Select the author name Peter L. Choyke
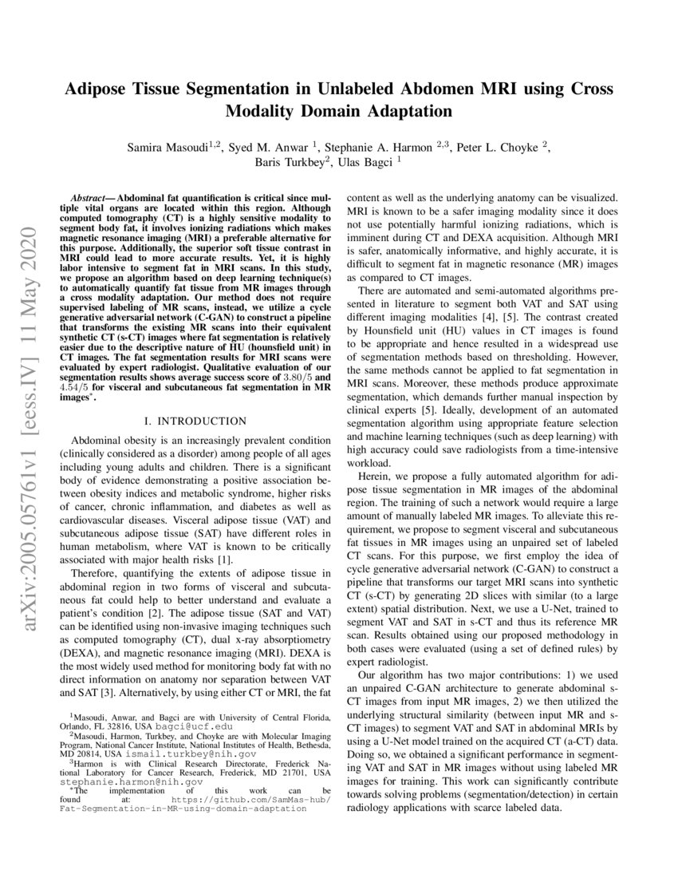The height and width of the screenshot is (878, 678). coord(505,147)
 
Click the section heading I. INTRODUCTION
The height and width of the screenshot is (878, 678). coord(192,420)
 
